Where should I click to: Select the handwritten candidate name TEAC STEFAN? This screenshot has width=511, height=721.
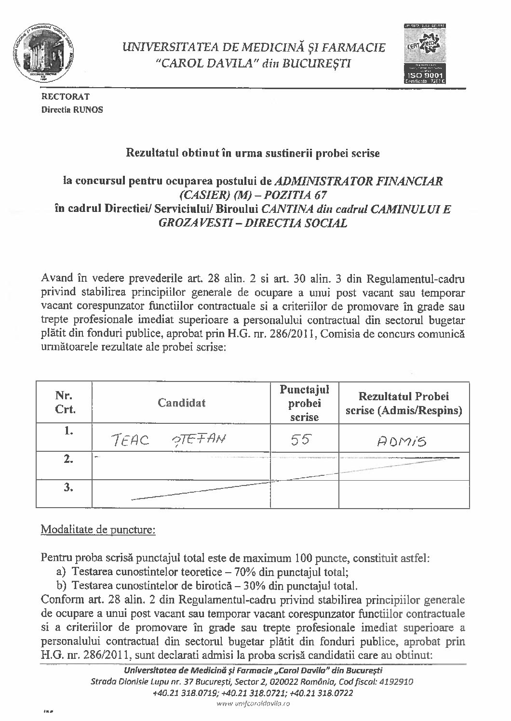(169, 439)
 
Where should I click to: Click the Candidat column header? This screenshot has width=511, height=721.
(181, 403)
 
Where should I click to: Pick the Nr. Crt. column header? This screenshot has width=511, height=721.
(65, 403)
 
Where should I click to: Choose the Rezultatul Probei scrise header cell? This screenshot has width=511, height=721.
(403, 403)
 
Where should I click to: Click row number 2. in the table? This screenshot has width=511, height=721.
(68, 459)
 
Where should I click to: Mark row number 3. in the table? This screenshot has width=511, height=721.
(68, 487)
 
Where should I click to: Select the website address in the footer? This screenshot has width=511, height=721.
(253, 704)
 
